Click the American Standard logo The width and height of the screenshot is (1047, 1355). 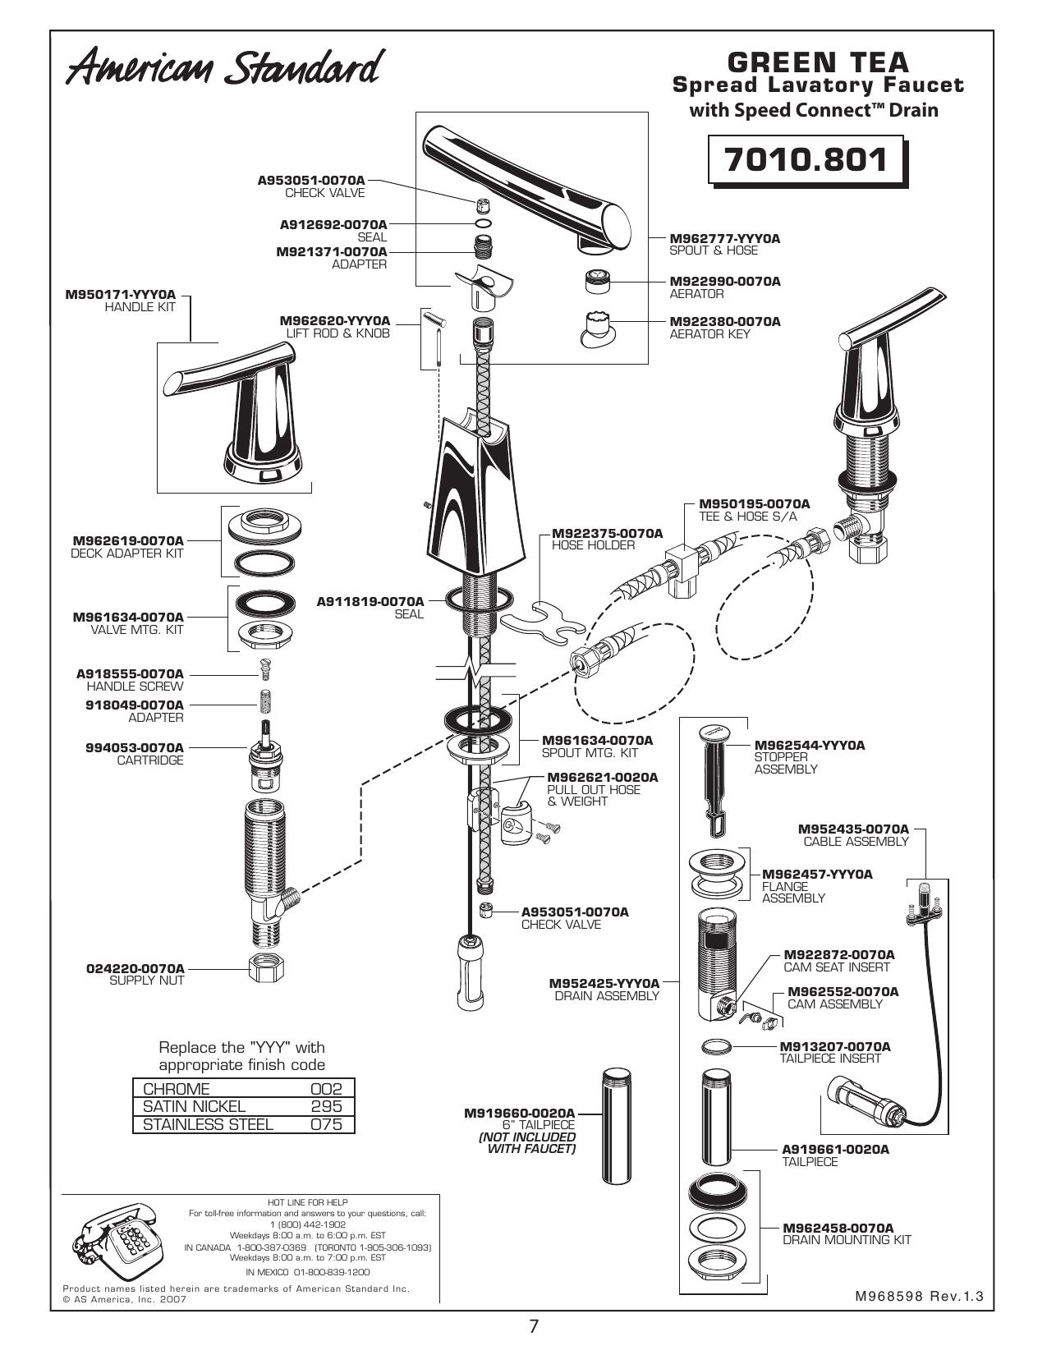[x=224, y=68]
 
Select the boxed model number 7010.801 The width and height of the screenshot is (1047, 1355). [x=806, y=160]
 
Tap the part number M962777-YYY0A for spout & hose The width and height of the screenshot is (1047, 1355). [x=724, y=238]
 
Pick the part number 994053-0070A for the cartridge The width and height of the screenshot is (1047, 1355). [x=135, y=747]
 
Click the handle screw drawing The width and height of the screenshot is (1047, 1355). [x=265, y=673]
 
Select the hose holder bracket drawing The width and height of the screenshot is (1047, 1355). [x=544, y=623]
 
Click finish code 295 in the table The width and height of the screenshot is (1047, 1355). [x=326, y=1106]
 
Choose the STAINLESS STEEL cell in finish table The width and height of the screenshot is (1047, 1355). [x=209, y=1124]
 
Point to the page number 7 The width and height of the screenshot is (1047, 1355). [x=533, y=1326]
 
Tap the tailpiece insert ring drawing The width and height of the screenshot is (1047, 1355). [x=717, y=1045]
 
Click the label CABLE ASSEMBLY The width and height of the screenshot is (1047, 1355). [x=856, y=841]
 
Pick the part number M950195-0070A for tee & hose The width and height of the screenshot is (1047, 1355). [x=754, y=503]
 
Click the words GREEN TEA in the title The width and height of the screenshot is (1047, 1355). [x=818, y=62]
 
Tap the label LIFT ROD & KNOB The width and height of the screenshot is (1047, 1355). [x=338, y=333]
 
